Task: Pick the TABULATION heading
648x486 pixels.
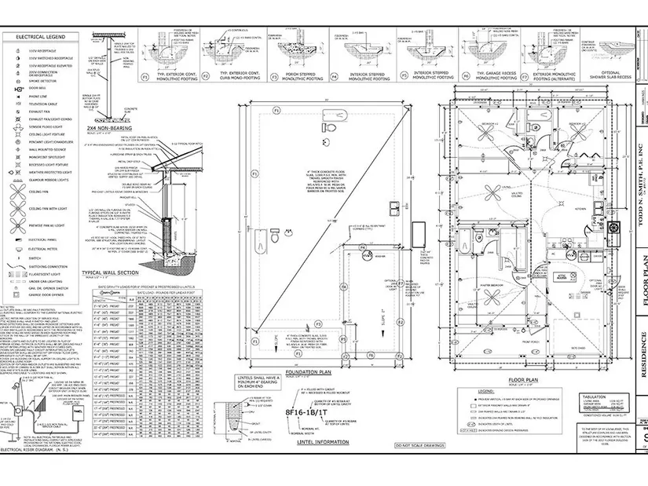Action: pos(595,395)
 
